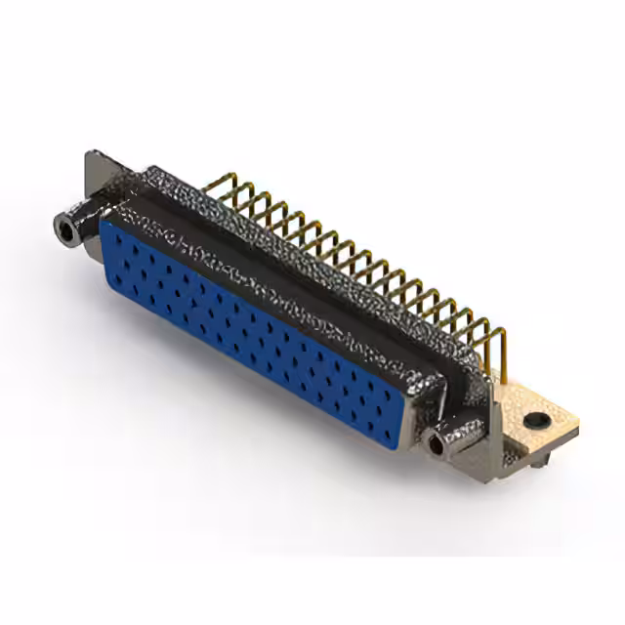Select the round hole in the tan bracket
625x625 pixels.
click(x=534, y=422)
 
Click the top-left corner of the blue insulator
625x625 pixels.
click(x=104, y=222)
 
